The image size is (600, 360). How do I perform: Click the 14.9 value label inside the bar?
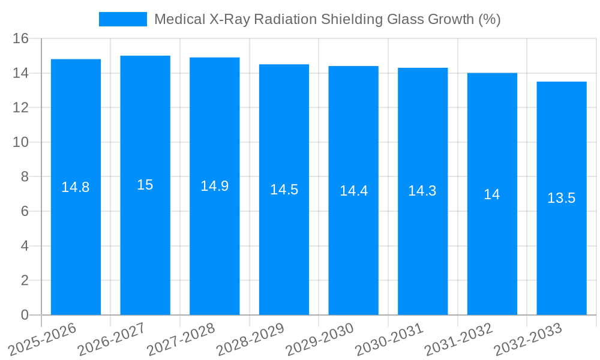214,186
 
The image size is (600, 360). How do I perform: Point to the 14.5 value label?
284,190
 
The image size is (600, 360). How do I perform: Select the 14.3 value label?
422,191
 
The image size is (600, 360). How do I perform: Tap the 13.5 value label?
562,198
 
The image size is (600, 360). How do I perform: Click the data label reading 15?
145,185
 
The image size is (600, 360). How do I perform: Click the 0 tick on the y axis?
25,315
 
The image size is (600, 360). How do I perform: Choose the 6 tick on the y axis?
25,211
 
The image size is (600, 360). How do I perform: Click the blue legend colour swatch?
122,19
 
